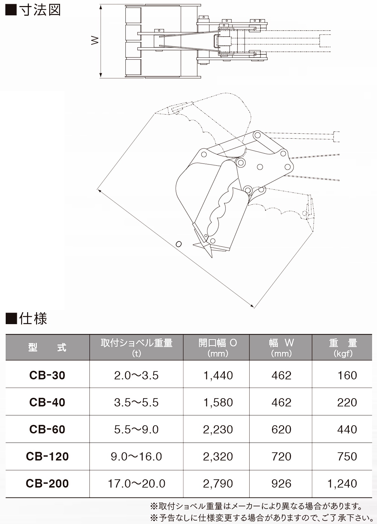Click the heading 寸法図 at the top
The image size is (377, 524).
40,10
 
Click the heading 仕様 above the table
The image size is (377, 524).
33,319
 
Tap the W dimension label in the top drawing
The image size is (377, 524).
95,41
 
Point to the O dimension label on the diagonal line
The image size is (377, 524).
178,244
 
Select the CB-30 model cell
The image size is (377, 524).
47,376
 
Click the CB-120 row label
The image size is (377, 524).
47,456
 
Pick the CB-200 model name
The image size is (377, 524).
47,483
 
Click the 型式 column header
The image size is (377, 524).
47,348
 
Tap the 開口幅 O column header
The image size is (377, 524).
218,343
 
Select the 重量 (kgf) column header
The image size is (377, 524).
343,348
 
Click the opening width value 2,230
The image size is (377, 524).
218,429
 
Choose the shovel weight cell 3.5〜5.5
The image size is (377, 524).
136,402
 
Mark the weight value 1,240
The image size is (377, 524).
342,483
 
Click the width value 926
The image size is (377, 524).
281,483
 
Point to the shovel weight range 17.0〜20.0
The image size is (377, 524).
136,483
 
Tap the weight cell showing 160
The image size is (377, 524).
347,376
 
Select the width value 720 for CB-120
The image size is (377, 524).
281,456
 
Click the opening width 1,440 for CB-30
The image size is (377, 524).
218,376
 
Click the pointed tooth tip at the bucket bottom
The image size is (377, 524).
212,258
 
